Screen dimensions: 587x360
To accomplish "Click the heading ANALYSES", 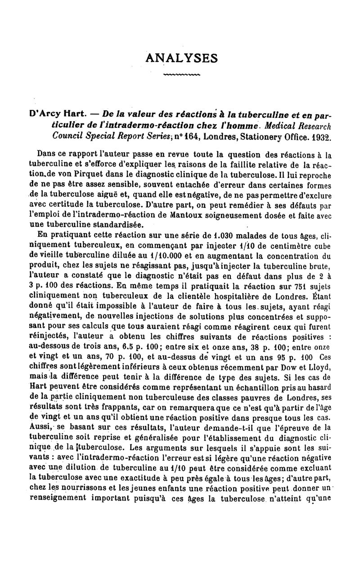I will [x=182, y=58].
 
